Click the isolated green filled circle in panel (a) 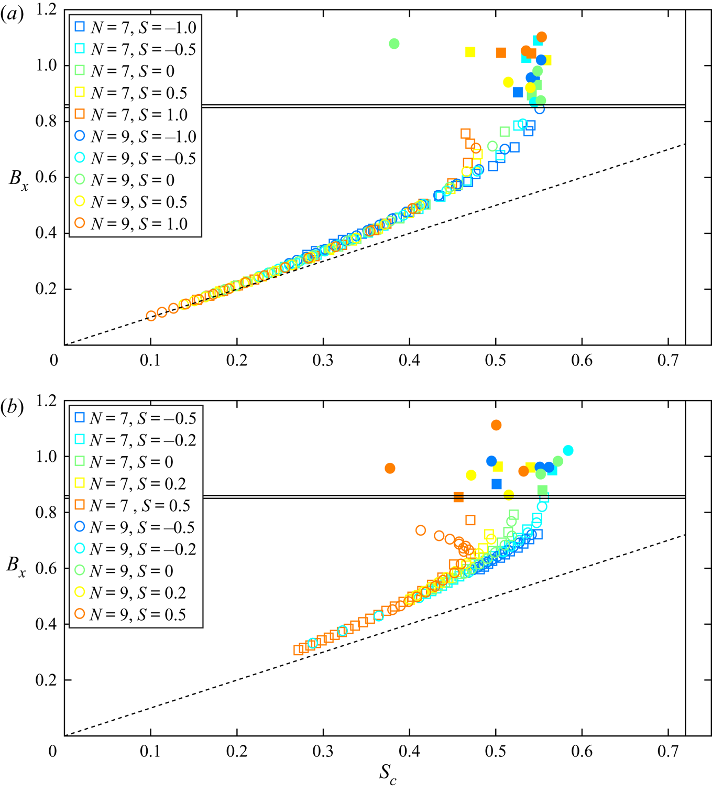click(395, 44)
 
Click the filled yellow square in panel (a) click(470, 52)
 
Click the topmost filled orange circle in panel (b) click(496, 425)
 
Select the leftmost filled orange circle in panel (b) click(390, 468)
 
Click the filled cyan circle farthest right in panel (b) click(568, 451)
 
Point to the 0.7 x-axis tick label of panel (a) click(667, 361)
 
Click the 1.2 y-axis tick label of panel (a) click(46, 10)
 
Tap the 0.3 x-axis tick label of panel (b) click(323, 751)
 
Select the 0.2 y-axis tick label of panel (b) click(46, 680)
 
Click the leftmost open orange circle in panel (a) click(151, 316)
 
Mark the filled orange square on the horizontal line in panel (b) click(458, 497)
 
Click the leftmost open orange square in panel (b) click(298, 650)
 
